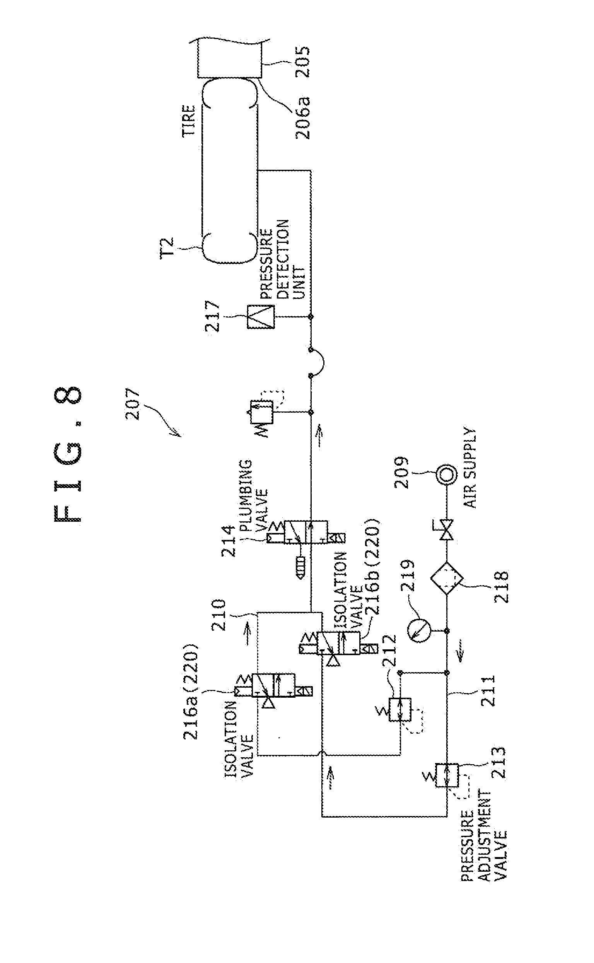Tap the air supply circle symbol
point(447,475)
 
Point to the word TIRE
point(188,121)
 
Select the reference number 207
point(134,403)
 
